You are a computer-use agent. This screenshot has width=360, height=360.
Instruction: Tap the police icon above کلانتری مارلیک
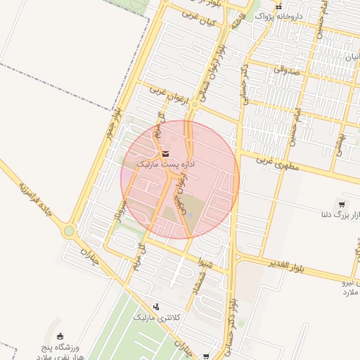tap(156, 307)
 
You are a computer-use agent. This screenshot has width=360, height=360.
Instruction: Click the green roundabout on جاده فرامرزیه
tap(69, 230)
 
